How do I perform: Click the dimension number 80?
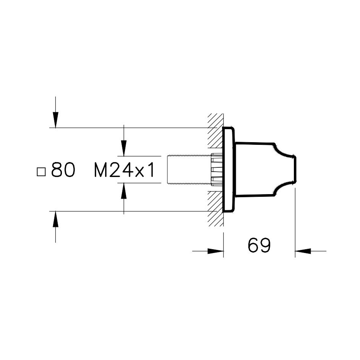coord(63,171)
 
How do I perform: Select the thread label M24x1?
coord(125,171)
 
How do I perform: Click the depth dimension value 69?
coord(259,245)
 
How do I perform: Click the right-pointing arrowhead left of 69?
coord(216,251)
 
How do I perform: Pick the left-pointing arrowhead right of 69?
coord(303,251)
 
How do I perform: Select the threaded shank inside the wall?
coord(189,170)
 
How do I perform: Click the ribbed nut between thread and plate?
coord(217,170)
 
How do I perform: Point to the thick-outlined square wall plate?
coord(229,170)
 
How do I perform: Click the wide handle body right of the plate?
coord(254,170)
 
